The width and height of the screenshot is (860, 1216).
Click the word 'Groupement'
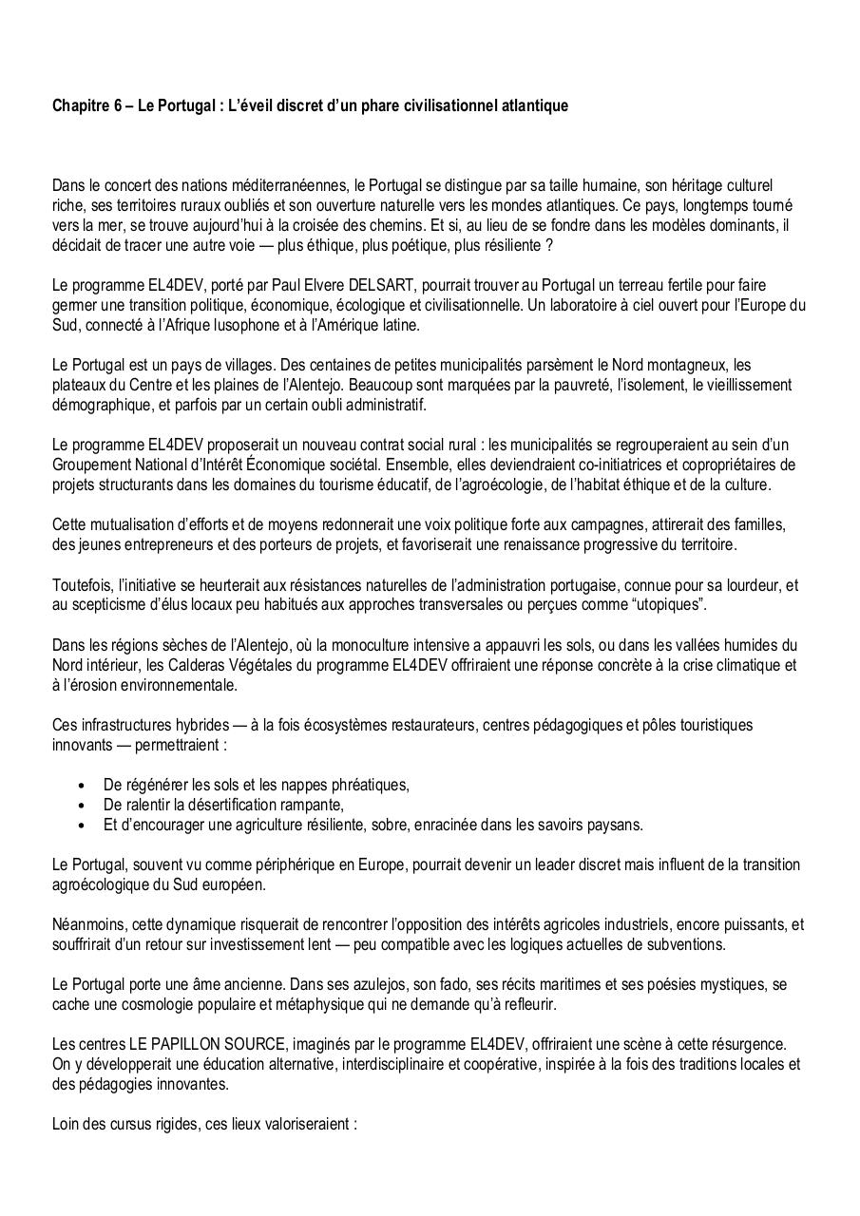pos(90,465)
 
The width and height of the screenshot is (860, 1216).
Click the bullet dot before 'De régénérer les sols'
pos(81,786)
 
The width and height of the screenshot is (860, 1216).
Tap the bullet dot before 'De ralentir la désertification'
pos(81,806)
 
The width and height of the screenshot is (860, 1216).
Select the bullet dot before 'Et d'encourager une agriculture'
pos(81,826)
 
